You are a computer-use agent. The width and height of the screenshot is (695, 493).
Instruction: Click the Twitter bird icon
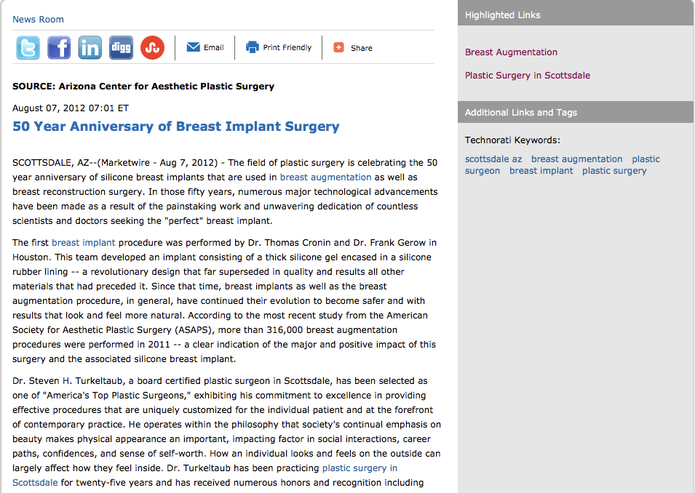pyautogui.click(x=28, y=47)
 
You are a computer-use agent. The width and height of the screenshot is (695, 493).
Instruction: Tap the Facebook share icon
pyautogui.click(x=59, y=47)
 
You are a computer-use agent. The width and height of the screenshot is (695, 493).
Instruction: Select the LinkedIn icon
pyautogui.click(x=90, y=47)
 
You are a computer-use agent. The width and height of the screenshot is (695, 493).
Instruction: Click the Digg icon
pyautogui.click(x=121, y=47)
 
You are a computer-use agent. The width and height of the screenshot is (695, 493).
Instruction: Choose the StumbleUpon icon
pyautogui.click(x=152, y=47)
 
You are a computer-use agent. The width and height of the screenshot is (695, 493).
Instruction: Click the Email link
pyautogui.click(x=205, y=47)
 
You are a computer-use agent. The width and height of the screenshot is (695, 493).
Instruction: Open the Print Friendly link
pyautogui.click(x=279, y=47)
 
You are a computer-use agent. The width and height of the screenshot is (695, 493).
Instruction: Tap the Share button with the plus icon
pyautogui.click(x=353, y=48)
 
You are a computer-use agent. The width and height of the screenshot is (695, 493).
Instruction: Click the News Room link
pyautogui.click(x=38, y=20)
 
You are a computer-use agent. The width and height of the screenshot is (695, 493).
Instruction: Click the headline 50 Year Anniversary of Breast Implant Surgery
pyautogui.click(x=176, y=127)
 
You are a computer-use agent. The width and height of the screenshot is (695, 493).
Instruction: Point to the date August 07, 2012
pyautogui.click(x=51, y=108)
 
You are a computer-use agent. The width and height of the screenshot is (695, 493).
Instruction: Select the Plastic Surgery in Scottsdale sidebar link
pyautogui.click(x=528, y=76)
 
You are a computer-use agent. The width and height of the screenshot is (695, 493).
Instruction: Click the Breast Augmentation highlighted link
pyautogui.click(x=511, y=52)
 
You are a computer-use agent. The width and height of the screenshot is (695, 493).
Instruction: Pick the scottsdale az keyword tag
pyautogui.click(x=493, y=159)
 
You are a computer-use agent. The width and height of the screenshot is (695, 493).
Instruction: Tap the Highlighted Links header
pyautogui.click(x=503, y=15)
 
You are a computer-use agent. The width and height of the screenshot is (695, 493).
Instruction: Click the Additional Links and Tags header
pyautogui.click(x=521, y=113)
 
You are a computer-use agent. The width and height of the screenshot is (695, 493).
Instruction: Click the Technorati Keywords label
pyautogui.click(x=512, y=140)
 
